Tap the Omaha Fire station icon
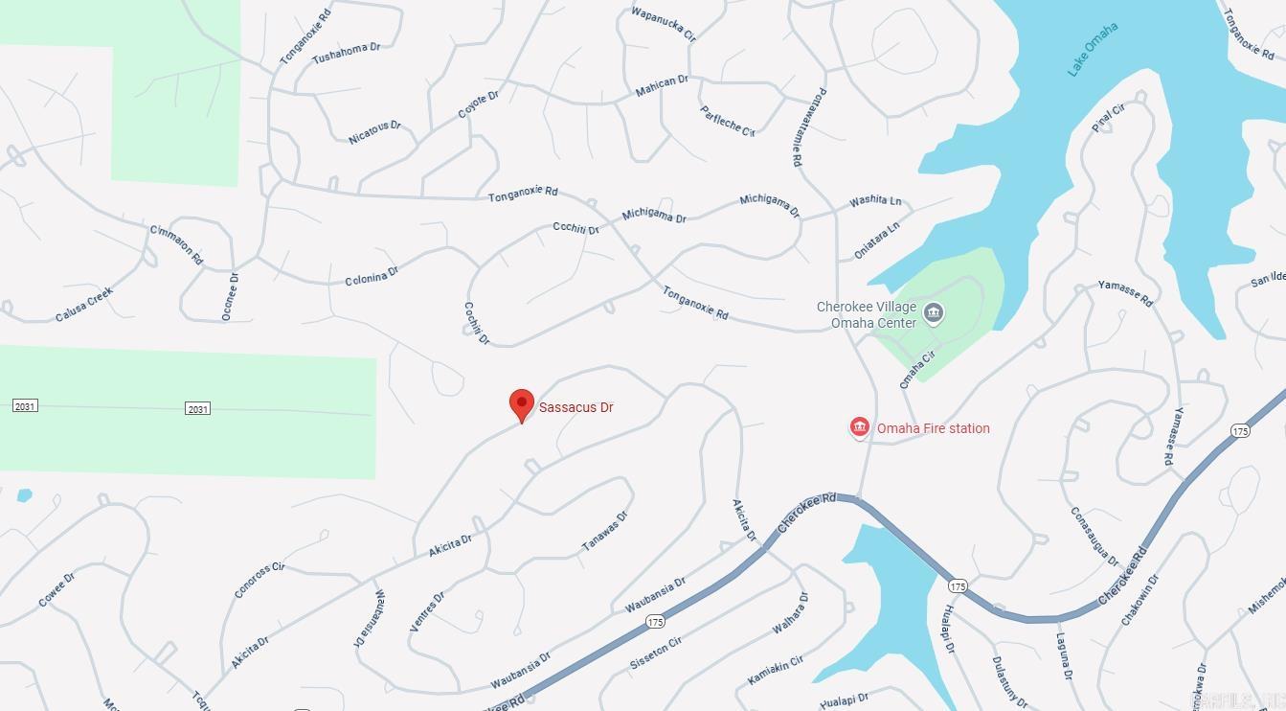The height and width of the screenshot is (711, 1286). pos(859,428)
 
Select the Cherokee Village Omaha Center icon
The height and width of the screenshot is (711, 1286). pos(934,313)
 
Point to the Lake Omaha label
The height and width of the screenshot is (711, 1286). pos(1093,50)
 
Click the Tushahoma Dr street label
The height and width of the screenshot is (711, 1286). pos(346,54)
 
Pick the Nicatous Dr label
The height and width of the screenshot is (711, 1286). pos(374,132)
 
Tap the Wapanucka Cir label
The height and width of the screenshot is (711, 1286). pos(663,24)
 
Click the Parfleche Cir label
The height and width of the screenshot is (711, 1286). pos(728,122)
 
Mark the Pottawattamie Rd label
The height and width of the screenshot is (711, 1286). pos(809,127)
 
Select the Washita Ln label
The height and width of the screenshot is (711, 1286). pos(875,201)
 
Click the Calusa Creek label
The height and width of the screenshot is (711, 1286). pos(84,304)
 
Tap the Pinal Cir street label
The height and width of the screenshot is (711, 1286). pos(1108,118)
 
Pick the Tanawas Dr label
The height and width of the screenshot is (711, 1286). pos(605,532)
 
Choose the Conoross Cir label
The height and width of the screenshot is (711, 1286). pos(259,580)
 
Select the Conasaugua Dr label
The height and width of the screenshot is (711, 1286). pos(1094,537)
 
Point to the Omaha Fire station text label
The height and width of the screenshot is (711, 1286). pos(934,428)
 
